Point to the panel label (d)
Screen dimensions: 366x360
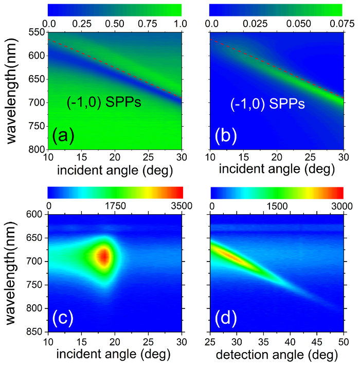tap(226, 319)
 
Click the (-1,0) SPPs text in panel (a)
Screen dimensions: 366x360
tap(104, 104)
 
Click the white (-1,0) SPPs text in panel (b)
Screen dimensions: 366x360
tap(267, 104)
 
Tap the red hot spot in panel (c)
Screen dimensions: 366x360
tap(104, 255)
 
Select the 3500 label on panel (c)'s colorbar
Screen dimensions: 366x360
tap(181, 206)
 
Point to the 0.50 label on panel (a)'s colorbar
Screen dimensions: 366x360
tap(115, 24)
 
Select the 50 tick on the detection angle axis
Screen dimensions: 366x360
tap(343, 341)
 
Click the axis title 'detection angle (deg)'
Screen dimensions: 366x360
tap(277, 355)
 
